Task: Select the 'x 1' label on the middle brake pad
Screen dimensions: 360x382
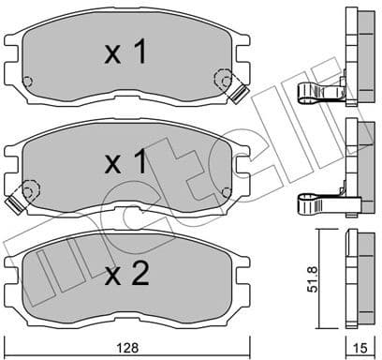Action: (125, 164)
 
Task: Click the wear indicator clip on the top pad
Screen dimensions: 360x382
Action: (237, 93)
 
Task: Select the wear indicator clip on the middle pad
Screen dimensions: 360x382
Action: (15, 202)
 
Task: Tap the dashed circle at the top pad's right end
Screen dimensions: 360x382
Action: (222, 81)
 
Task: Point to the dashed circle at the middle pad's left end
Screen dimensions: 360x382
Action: (27, 192)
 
